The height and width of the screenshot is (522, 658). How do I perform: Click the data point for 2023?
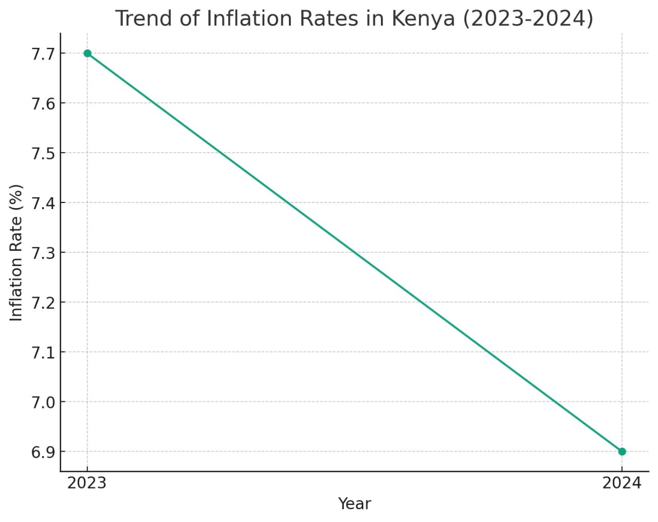point(87,53)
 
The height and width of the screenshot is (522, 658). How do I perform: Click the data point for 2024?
point(622,452)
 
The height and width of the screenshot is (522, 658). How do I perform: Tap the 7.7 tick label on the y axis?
point(43,54)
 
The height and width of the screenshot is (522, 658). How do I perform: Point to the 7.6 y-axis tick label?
point(43,104)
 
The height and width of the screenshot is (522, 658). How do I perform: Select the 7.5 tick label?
point(43,154)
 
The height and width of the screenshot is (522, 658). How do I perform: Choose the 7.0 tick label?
point(43,402)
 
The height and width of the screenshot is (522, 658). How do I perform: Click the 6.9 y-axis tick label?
point(43,452)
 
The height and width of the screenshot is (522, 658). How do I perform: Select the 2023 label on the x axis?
point(87,483)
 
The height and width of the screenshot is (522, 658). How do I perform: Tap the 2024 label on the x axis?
point(622,483)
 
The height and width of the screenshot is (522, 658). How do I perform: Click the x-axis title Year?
point(354,504)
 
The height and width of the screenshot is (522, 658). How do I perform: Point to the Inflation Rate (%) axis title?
point(16,253)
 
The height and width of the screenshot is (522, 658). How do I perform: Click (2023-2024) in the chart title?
point(528,19)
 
